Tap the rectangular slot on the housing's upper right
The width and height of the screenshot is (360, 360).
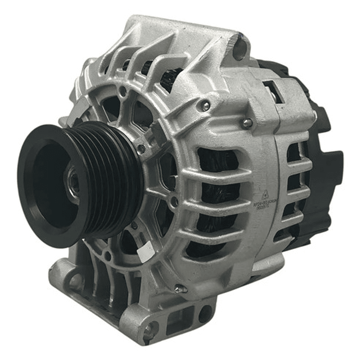point(273,89)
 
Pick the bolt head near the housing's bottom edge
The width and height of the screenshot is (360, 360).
point(179,288)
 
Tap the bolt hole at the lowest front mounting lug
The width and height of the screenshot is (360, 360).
point(149,329)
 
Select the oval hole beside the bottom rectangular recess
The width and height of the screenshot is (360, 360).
point(205,314)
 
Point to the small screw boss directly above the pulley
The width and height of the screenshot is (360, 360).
point(123,92)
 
